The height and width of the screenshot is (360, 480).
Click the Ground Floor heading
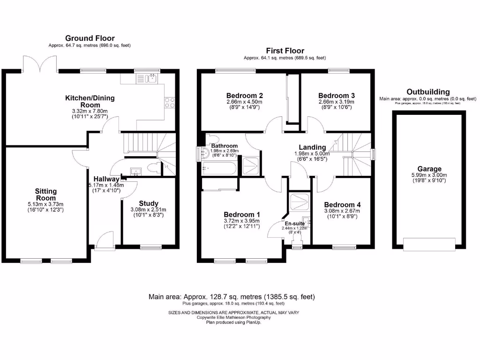pyautogui.click(x=90, y=38)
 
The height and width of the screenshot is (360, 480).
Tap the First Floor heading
pyautogui.click(x=285, y=51)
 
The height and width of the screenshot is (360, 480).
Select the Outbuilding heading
pyautogui.click(x=427, y=92)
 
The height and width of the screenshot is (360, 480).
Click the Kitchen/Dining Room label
pyautogui.click(x=90, y=101)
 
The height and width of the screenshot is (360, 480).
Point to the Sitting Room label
pyautogui.click(x=45, y=194)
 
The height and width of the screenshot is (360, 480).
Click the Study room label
pyautogui.click(x=148, y=203)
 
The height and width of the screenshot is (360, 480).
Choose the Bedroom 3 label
pyautogui.click(x=333, y=95)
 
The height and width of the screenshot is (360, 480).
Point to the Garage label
pyautogui.click(x=429, y=169)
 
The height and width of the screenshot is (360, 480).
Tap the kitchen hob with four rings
pyautogui.click(x=170, y=103)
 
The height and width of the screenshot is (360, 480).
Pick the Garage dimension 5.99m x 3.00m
pyautogui.click(x=429, y=175)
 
